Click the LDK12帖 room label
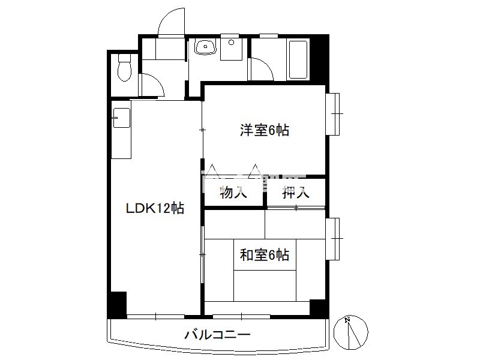[x=155, y=208]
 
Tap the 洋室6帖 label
[x=265, y=130]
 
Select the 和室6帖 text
[x=265, y=254]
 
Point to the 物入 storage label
[x=233, y=193]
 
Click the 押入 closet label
[x=296, y=193]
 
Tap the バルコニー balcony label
[x=217, y=334]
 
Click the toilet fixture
[x=124, y=67]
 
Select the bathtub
[x=298, y=59]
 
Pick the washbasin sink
[x=205, y=47]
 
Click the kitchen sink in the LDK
[x=122, y=118]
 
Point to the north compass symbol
[x=350, y=332]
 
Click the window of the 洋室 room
[x=332, y=113]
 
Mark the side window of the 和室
[x=332, y=239]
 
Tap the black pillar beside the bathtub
[x=319, y=59]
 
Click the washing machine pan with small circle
[x=232, y=50]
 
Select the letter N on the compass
[x=347, y=320]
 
